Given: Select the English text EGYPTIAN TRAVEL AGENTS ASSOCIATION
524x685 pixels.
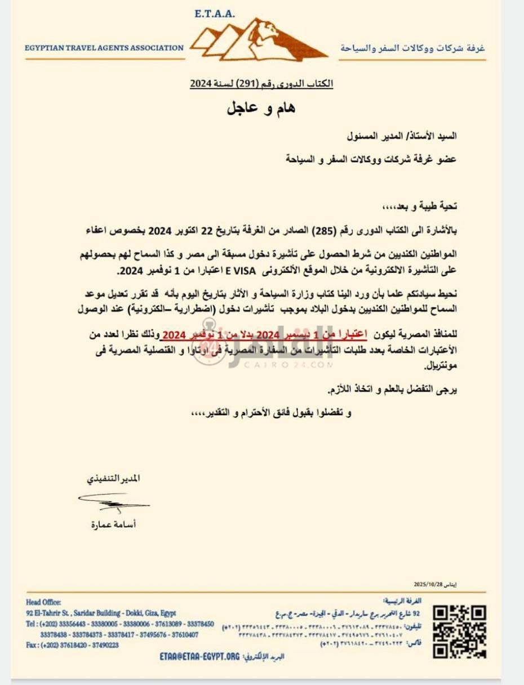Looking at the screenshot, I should pos(104,48).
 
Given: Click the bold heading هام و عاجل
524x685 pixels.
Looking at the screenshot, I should pos(261,108).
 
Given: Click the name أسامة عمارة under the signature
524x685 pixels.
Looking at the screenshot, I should pos(113,524).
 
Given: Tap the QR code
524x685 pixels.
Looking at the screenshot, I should pos(460,631).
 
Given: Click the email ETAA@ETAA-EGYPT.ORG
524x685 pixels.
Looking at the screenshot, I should pos(199,656).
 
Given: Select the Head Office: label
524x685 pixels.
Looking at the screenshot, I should pos(43,602).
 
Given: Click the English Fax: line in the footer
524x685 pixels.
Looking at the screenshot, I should pos(72,645).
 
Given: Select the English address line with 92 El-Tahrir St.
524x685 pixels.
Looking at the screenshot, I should pos(101,613).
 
